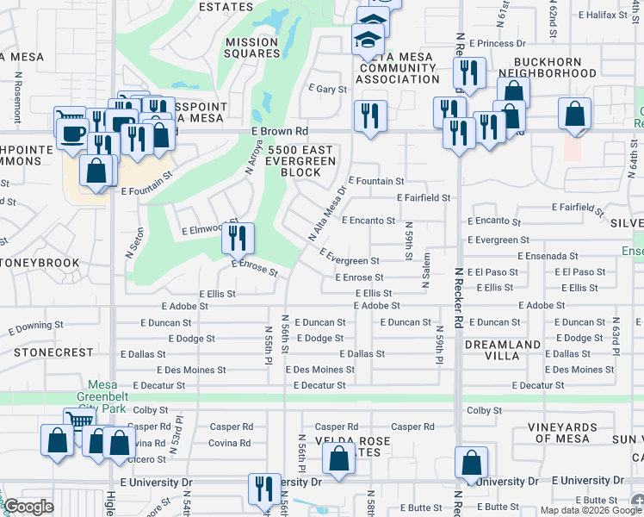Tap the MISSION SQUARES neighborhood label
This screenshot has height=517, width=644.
click(x=252, y=47)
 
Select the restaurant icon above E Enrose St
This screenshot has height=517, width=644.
click(x=237, y=237)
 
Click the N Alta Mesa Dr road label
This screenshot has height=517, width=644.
click(x=327, y=214)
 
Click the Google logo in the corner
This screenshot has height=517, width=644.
click(x=29, y=507)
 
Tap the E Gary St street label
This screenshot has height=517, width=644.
click(x=327, y=89)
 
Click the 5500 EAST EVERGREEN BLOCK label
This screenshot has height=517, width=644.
click(x=300, y=160)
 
